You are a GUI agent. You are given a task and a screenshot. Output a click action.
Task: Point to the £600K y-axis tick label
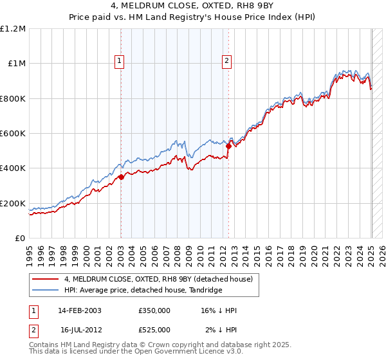pyautogui.click(x=14, y=134)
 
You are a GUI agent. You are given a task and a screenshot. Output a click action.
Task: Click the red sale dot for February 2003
pyautogui.click(x=121, y=177)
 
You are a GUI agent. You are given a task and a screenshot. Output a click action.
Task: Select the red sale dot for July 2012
pyautogui.click(x=228, y=147)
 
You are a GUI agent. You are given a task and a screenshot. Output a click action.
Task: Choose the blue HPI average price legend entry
pyautogui.click(x=142, y=291)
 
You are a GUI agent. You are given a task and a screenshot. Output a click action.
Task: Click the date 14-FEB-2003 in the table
pyautogui.click(x=80, y=310)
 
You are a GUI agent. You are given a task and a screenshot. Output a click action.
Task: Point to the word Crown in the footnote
pyautogui.click(x=156, y=345)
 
